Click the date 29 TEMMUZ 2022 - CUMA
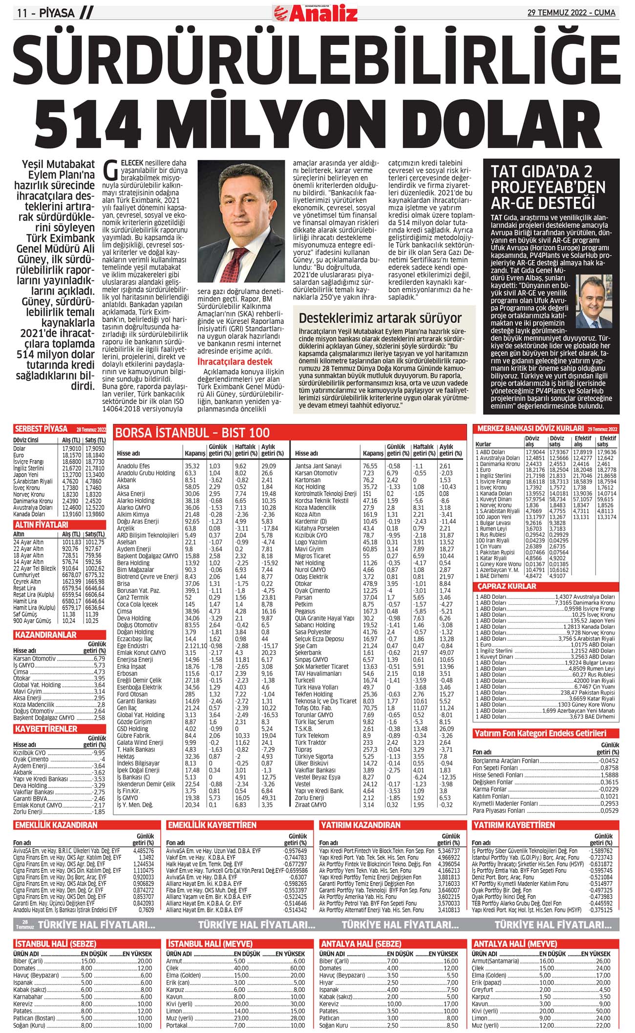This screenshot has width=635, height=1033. coord(571,13)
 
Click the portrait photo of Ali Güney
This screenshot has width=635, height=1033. coord(241,222)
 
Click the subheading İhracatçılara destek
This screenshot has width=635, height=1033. coord(234,361)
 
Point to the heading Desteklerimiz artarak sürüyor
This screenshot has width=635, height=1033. coord(380,318)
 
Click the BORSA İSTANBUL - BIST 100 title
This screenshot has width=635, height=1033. coord(192,432)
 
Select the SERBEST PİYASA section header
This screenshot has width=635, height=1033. coord(41,429)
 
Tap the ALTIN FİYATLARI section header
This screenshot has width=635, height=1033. coord(41,525)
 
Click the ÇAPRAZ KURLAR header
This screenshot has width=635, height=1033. coord(507,586)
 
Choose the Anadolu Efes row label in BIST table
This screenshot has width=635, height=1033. coord(133,466)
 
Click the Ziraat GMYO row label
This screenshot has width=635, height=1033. coord(311,805)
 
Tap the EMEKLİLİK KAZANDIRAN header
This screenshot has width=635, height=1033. coord(56,825)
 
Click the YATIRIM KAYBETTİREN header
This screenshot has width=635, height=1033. coord(514,825)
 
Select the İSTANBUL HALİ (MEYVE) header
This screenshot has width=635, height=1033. coord(210,944)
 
